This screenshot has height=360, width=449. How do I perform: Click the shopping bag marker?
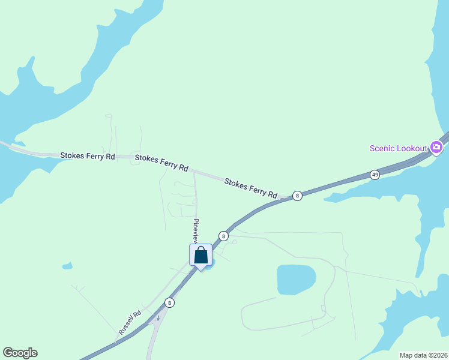coord(200,256)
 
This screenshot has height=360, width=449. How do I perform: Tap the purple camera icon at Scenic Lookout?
coord(436,147)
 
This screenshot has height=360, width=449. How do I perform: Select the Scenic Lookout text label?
coord(398,148)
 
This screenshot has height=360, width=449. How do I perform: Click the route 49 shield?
coord(375,175)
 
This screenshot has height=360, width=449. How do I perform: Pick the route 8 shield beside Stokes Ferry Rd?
coord(297,196)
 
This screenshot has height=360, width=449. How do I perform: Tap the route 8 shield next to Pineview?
coord(223,236)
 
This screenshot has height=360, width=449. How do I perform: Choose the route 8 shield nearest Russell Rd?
coord(170,303)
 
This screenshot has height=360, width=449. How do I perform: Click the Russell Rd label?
coord(130,322)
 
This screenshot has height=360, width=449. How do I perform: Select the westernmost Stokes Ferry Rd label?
coord(87,155)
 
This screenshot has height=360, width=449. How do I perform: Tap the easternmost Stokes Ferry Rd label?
coord(251,187)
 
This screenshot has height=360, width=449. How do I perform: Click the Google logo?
coord(20,353)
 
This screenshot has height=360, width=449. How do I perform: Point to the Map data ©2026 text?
coord(423,355)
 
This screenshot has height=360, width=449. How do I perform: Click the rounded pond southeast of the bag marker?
coord(296,280)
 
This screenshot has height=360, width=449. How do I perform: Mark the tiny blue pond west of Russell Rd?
coord(67,265)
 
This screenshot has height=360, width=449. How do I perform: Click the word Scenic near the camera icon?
coord(382,148)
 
